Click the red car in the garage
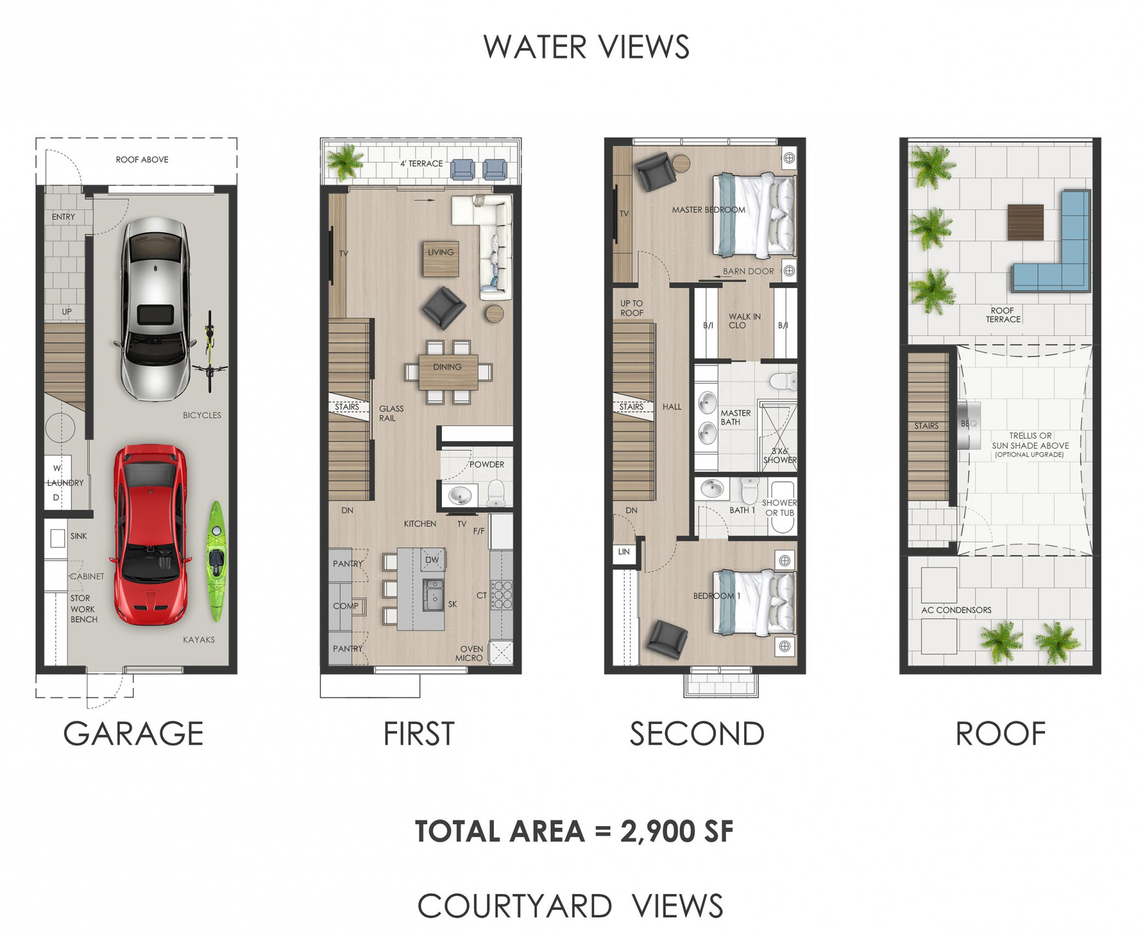pos(150,534)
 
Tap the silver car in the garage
pos(155,308)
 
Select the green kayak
pos(217,561)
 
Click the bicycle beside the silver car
pos(210,352)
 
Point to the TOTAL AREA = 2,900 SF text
pos(574,831)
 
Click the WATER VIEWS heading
pos(585,47)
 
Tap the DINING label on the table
pos(447,367)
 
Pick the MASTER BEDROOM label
pos(708,210)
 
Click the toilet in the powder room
pos(496,493)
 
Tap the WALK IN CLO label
pos(744,321)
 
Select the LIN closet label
pos(624,552)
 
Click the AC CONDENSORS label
pos(956,610)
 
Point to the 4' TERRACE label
pos(421,164)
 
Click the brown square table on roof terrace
pos(1025,222)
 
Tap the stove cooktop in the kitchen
pos(501,595)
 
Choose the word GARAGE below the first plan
pos(133,733)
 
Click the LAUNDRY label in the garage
pos(65,483)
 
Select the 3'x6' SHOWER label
pos(779,456)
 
